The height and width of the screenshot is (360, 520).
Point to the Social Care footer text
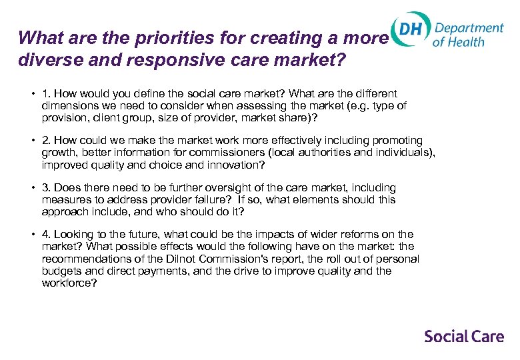(464, 336)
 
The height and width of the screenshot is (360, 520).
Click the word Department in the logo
(469, 27)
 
